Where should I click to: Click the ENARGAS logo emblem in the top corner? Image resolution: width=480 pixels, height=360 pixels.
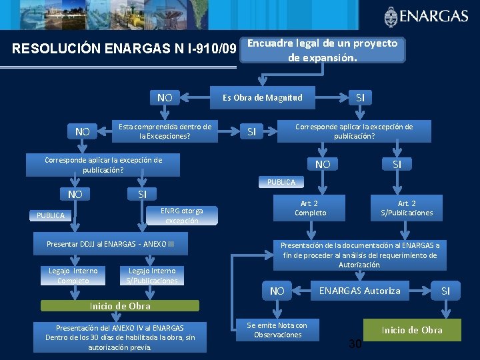pos(391,16)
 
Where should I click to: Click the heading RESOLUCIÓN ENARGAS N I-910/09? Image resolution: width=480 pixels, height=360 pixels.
pos(125,49)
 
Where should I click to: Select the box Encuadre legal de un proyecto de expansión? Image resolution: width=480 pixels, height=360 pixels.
pos(322,50)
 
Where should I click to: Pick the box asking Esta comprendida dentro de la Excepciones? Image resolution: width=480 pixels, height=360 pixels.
pos(165,131)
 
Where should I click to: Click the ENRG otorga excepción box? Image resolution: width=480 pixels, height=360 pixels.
pos(181,215)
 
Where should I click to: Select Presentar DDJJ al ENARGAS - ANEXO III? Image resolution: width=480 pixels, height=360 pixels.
pos(110,244)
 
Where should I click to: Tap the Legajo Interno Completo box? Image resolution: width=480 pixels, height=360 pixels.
pos(73,275)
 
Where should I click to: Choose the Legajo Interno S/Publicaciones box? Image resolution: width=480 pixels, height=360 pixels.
pos(152,275)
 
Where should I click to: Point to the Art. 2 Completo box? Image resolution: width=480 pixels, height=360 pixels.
pos(311,208)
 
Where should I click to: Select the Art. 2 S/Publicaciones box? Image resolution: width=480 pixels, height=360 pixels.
pos(407,208)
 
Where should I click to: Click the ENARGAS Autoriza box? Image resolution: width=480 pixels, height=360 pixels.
pos(360,291)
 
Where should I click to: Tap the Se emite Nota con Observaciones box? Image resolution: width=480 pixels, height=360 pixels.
pos(277,329)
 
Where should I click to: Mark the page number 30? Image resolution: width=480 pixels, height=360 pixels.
pos(355,343)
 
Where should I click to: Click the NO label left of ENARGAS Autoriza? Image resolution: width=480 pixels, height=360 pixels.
pos(277,291)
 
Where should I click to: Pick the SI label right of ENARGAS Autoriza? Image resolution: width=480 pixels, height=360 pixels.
pos(446,291)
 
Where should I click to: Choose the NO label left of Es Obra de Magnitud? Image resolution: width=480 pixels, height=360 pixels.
pos(165,98)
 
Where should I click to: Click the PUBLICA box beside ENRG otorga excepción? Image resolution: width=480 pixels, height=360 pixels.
pos(51,215)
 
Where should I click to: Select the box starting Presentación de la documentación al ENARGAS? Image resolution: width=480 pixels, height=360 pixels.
pos(360,255)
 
